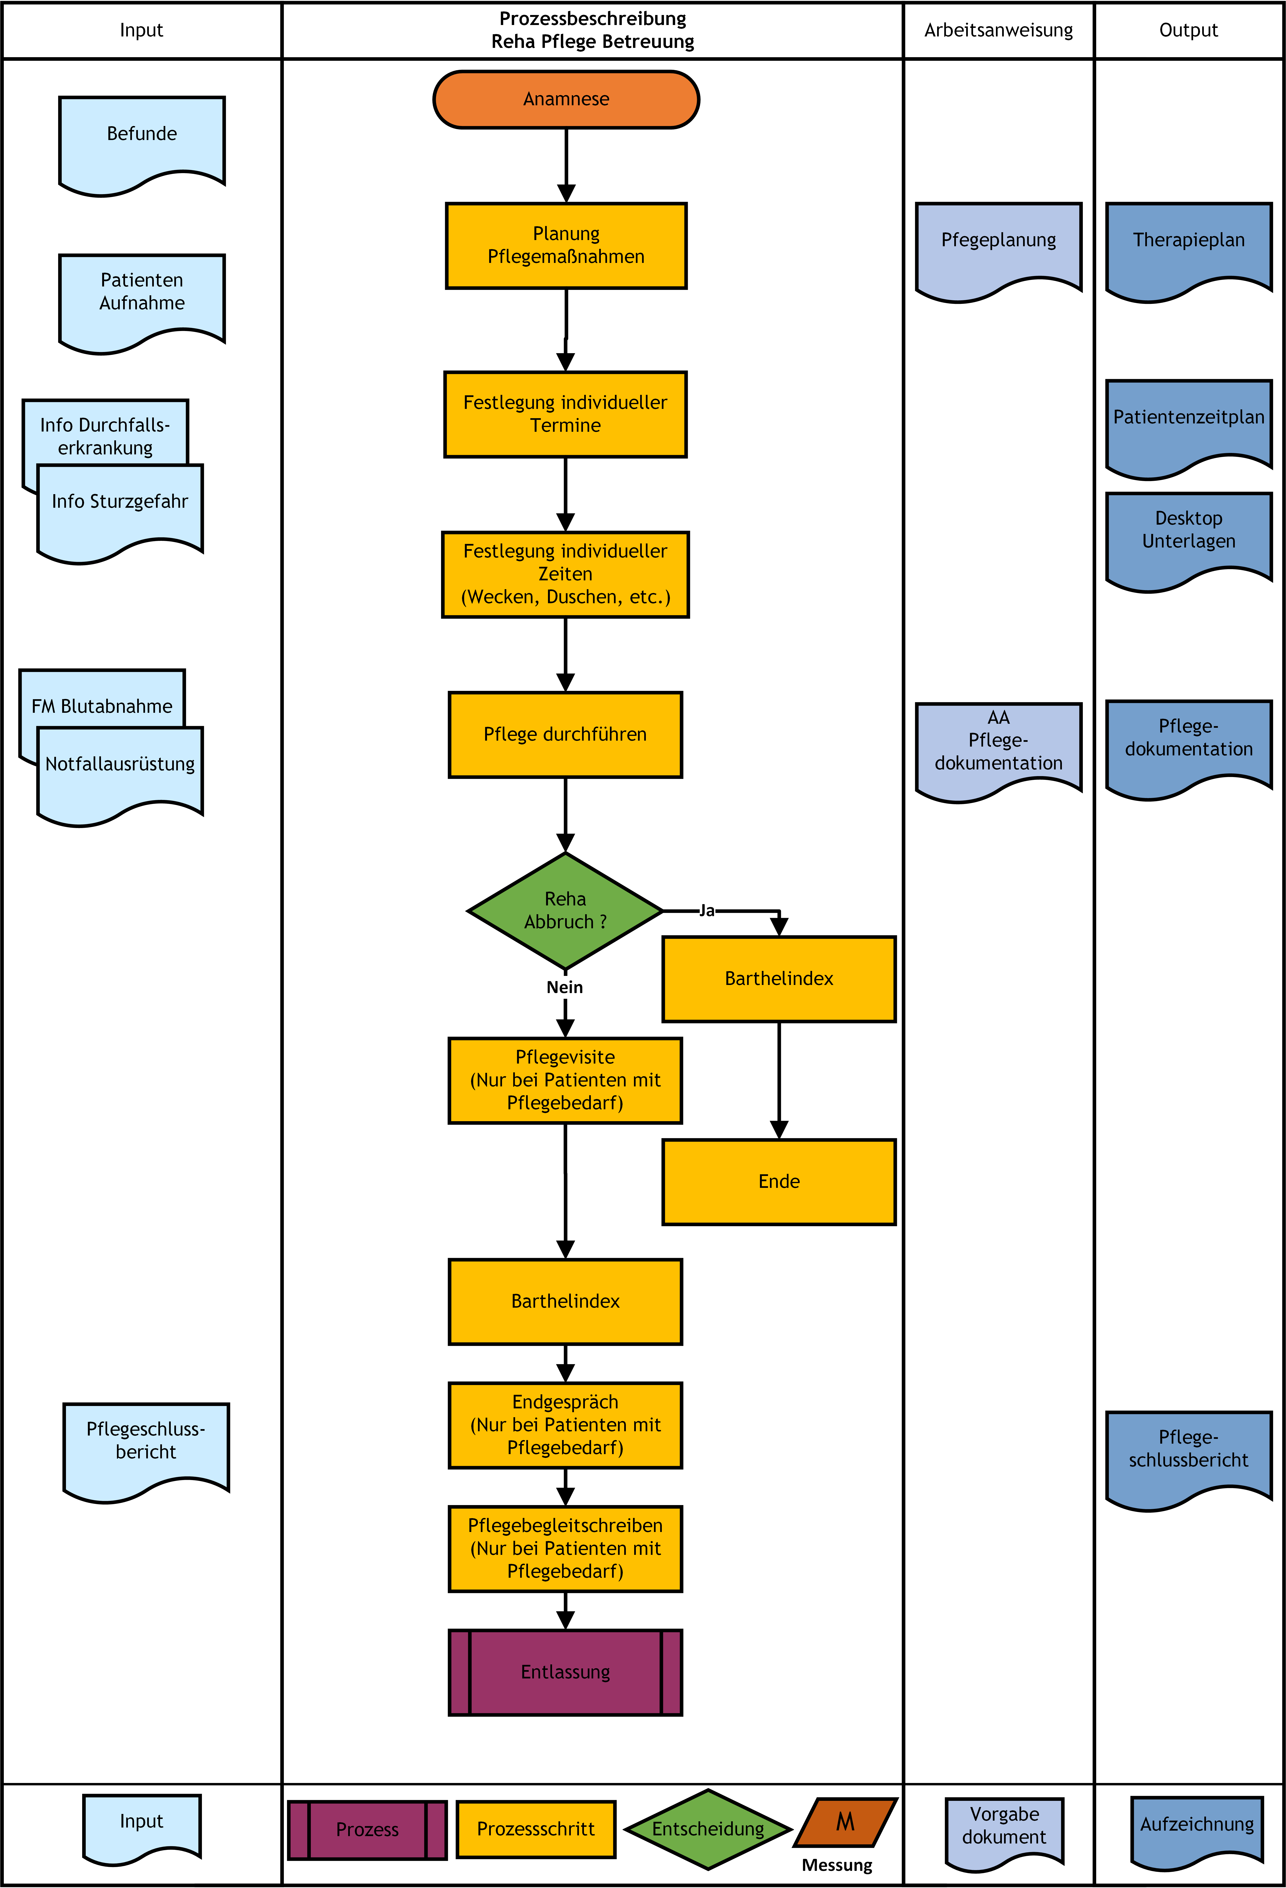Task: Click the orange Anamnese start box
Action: [x=566, y=99]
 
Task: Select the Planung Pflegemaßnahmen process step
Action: [x=566, y=245]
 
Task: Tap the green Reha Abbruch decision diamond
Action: [x=565, y=911]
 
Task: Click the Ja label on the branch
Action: [x=707, y=911]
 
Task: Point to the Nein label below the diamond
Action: [x=565, y=987]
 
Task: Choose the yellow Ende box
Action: [x=779, y=1181]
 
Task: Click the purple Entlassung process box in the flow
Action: [x=565, y=1672]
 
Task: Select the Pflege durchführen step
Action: [x=565, y=734]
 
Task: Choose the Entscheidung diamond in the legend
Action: [x=708, y=1829]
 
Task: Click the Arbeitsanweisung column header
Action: [x=998, y=30]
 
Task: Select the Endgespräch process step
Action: [x=565, y=1425]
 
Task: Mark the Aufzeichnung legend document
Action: [x=1197, y=1828]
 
